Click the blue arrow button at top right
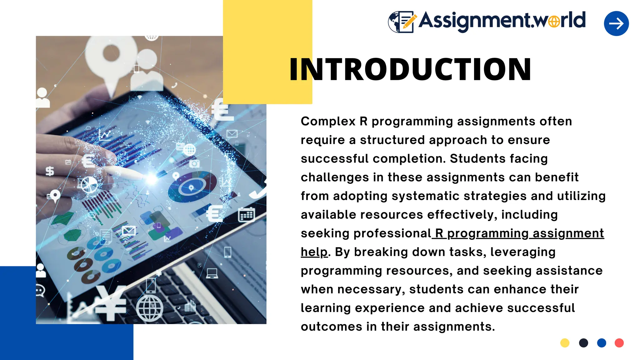(616, 23)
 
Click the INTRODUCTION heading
(410, 69)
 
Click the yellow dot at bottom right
(565, 343)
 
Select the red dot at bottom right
(619, 343)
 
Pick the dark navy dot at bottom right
(583, 343)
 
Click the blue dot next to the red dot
(601, 343)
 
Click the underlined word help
(314, 252)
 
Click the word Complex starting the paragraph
(328, 121)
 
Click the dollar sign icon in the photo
(50, 171)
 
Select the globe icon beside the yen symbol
(150, 308)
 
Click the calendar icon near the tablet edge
(246, 215)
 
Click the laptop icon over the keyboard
(212, 273)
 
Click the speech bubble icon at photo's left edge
(40, 291)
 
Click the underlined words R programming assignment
(519, 233)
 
